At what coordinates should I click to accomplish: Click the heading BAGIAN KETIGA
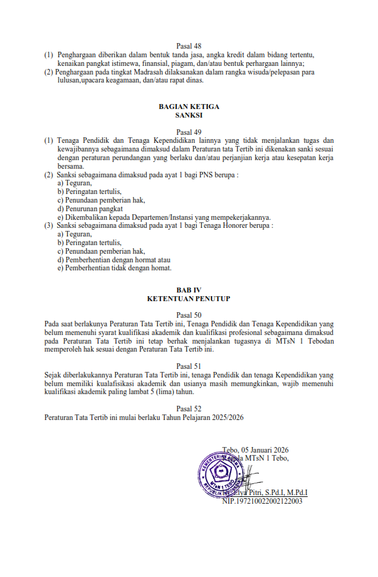tap(189, 107)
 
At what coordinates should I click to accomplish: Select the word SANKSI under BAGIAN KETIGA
tap(189, 115)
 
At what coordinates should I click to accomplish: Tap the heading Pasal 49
tap(189, 132)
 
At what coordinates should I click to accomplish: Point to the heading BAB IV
tap(189, 289)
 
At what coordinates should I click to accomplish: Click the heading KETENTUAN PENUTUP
tap(189, 298)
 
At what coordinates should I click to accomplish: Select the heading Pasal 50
tap(189, 315)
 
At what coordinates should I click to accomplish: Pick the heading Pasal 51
tap(189, 365)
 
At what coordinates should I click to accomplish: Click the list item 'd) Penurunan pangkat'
tap(89, 209)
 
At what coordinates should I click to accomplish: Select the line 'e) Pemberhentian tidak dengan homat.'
tap(114, 268)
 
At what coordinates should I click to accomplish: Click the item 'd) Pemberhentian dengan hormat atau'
tap(113, 260)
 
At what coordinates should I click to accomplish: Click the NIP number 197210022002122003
tap(266, 501)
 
